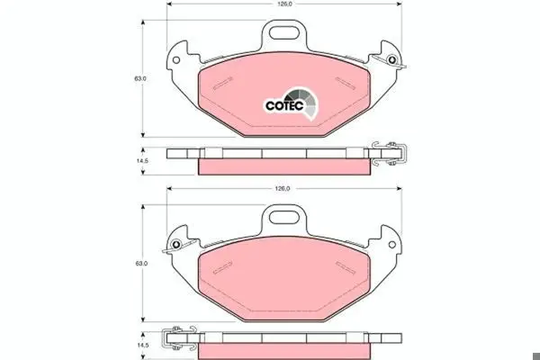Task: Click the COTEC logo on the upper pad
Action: click(292, 103)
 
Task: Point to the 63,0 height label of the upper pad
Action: click(140, 78)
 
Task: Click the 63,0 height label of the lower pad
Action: click(140, 263)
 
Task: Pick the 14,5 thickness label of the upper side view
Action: click(142, 161)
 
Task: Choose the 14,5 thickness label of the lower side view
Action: click(142, 346)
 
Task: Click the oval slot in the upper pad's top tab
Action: click(284, 32)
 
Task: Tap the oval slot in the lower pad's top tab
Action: click(284, 217)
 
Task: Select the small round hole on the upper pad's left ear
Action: click(176, 60)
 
